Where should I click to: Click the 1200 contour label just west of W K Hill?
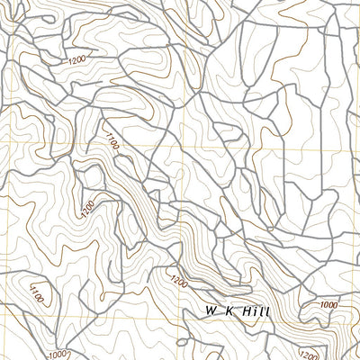pyautogui.click(x=178, y=283)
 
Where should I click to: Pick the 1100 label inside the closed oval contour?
pyautogui.click(x=35, y=292)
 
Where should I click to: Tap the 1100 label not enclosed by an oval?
pyautogui.click(x=112, y=140)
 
